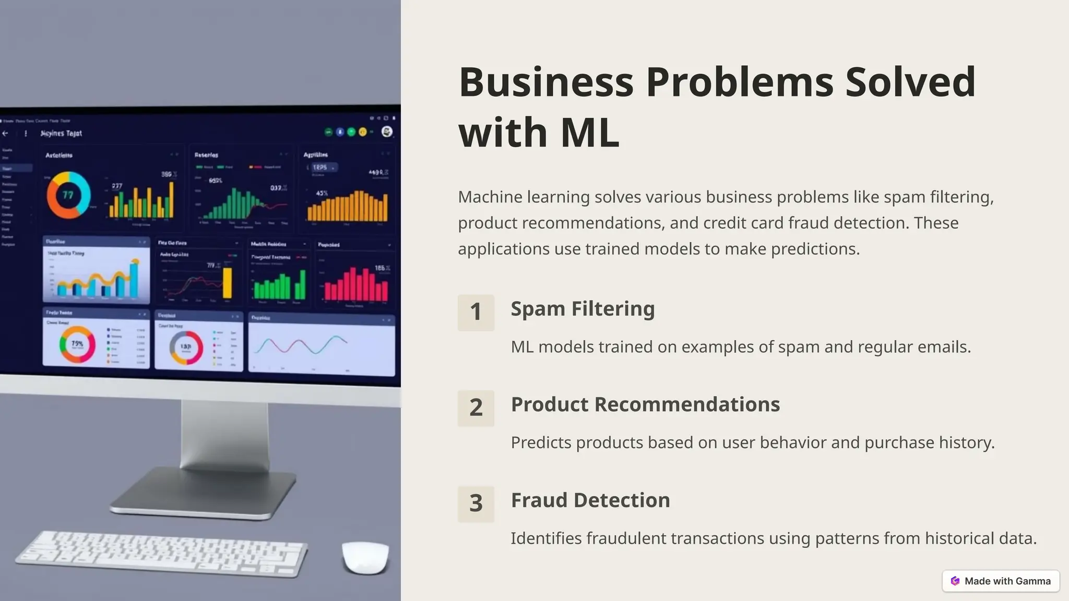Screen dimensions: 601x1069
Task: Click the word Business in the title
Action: click(546, 82)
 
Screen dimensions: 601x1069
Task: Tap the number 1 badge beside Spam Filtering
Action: click(476, 312)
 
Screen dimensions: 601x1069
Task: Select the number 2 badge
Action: click(476, 408)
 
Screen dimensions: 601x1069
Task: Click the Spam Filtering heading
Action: click(583, 308)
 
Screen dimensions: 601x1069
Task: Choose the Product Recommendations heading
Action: click(645, 404)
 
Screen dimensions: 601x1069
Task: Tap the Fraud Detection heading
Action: click(590, 500)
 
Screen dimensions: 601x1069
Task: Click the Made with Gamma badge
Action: click(1001, 581)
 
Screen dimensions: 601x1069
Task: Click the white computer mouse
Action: click(365, 557)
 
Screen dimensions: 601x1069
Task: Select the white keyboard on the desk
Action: click(162, 553)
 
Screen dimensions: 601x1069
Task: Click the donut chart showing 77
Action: click(68, 195)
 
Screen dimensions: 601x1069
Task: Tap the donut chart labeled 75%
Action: click(77, 344)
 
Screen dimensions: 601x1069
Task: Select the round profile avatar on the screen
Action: click(387, 131)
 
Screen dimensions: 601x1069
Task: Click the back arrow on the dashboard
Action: click(5, 134)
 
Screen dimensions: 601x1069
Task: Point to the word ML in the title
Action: click(590, 133)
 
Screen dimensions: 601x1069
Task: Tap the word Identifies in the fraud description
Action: click(546, 538)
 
